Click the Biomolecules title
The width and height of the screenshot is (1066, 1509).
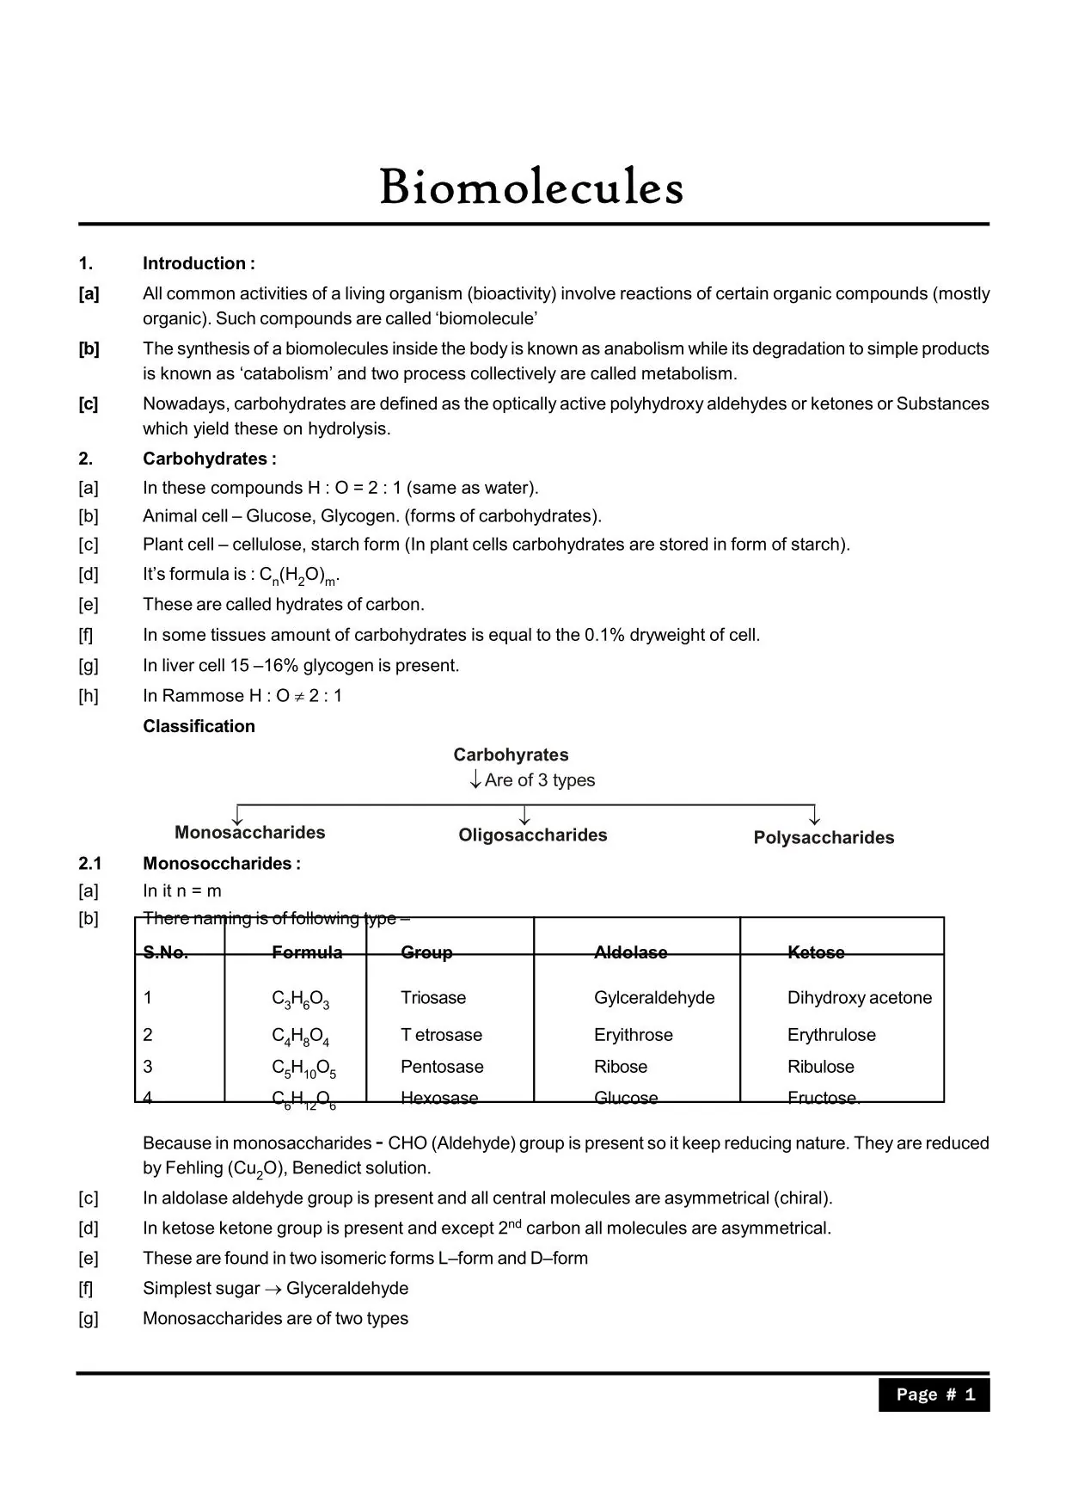pos(531,187)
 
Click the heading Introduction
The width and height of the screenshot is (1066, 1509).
pos(199,263)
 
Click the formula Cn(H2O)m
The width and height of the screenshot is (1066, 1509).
pos(300,576)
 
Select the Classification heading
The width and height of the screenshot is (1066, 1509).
pos(199,726)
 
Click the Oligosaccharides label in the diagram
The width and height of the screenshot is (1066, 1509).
pos(532,835)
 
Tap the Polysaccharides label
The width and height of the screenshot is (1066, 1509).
pos(824,837)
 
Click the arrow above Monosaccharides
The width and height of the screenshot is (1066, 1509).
pos(238,815)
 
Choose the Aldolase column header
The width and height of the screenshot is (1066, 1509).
pos(630,952)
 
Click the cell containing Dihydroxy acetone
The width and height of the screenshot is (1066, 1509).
pos(859,997)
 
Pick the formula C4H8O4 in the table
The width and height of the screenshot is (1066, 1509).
pos(300,1036)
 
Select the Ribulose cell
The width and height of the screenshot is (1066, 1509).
pos(820,1066)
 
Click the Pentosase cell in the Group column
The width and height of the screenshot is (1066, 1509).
pos(442,1066)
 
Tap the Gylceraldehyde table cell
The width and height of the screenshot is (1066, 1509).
pos(653,997)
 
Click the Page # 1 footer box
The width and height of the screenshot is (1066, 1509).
pos(934,1395)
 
